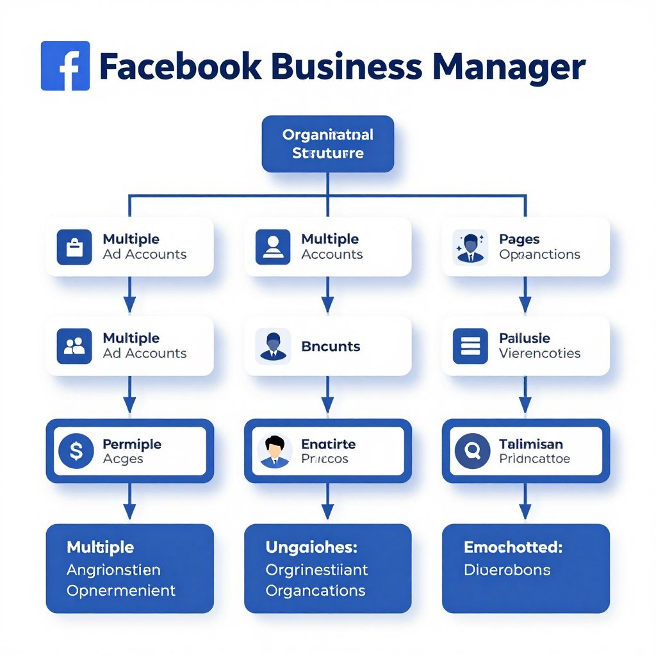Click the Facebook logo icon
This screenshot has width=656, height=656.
tap(65, 66)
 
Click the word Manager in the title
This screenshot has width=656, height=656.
tap(509, 67)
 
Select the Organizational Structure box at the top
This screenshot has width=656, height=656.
tap(327, 144)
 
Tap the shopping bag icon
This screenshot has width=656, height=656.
tap(74, 247)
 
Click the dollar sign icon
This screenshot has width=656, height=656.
tap(76, 452)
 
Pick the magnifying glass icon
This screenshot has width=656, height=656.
tap(472, 452)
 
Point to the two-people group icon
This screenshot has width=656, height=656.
tap(74, 346)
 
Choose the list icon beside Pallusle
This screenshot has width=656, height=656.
tap(470, 346)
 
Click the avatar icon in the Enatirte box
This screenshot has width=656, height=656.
tap(274, 451)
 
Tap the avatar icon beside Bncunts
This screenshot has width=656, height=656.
tap(273, 346)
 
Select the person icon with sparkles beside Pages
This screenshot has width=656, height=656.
tap(470, 247)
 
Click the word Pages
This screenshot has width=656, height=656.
tap(519, 240)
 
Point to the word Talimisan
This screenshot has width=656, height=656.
tap(530, 444)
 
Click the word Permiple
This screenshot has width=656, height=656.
tap(132, 444)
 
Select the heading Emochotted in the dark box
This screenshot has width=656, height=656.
tap(512, 548)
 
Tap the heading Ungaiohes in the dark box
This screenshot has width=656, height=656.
tap(311, 548)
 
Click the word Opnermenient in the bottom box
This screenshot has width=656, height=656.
tap(121, 590)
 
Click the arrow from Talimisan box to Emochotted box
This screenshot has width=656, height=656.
tap(525, 501)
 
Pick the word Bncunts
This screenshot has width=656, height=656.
tap(331, 347)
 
